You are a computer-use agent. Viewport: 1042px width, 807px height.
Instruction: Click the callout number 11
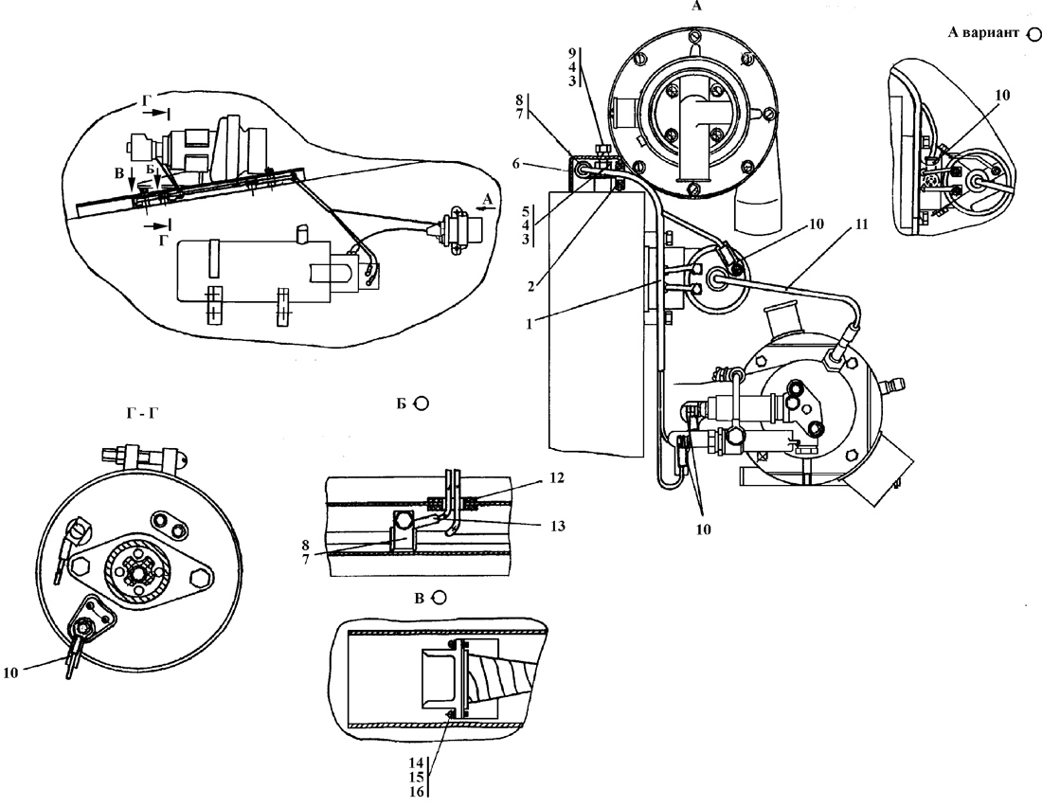coord(860,224)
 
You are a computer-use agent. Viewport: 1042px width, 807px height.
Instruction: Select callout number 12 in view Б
coord(557,477)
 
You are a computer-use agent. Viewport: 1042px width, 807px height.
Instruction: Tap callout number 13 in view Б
coord(558,526)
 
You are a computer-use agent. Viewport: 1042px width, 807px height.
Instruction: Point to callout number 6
coord(515,164)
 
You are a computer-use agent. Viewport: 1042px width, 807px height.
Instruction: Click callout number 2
coord(531,286)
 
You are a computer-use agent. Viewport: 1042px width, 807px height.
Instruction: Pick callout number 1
coord(529,325)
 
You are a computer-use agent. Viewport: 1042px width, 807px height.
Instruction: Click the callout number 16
coord(416,792)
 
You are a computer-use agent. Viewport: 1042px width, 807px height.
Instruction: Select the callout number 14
coord(416,762)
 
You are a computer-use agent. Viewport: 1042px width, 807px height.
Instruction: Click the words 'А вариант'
coord(983,32)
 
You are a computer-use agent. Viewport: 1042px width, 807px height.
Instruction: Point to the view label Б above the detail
coord(402,403)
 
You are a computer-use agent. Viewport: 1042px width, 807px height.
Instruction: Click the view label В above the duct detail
coord(419,599)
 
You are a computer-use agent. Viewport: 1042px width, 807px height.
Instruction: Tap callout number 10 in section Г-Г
coord(10,672)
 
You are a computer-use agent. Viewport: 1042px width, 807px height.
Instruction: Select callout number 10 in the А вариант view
coord(1002,95)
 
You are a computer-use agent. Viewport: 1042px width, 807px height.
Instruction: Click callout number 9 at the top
coord(573,52)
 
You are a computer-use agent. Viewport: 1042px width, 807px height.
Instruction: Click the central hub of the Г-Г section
coord(139,570)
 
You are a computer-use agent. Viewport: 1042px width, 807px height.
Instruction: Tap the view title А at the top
coord(696,6)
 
